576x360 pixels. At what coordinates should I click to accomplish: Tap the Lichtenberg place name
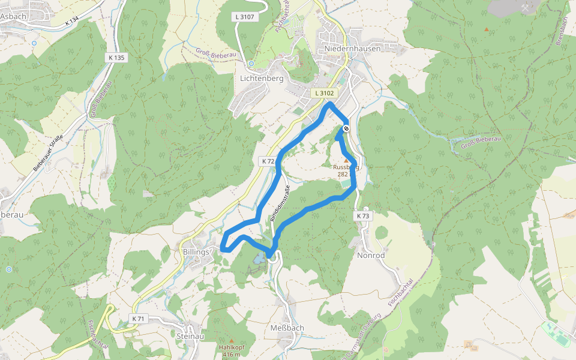(261, 79)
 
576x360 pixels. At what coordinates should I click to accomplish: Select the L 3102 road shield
(323, 94)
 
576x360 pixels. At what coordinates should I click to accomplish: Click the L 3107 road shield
(246, 17)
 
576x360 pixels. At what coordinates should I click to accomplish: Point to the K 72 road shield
(268, 161)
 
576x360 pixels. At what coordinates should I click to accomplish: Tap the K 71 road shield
(138, 318)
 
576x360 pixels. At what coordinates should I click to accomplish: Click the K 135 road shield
(118, 58)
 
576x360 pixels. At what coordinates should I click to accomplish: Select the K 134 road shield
(72, 21)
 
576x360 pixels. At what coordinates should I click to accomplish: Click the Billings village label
(195, 252)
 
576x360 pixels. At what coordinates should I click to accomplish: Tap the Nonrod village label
(371, 255)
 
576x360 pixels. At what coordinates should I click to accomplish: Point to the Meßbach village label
(287, 328)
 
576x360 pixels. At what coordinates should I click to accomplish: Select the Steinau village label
(190, 337)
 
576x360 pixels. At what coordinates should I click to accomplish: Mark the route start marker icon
(346, 128)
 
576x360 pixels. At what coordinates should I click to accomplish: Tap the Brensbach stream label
(563, 34)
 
